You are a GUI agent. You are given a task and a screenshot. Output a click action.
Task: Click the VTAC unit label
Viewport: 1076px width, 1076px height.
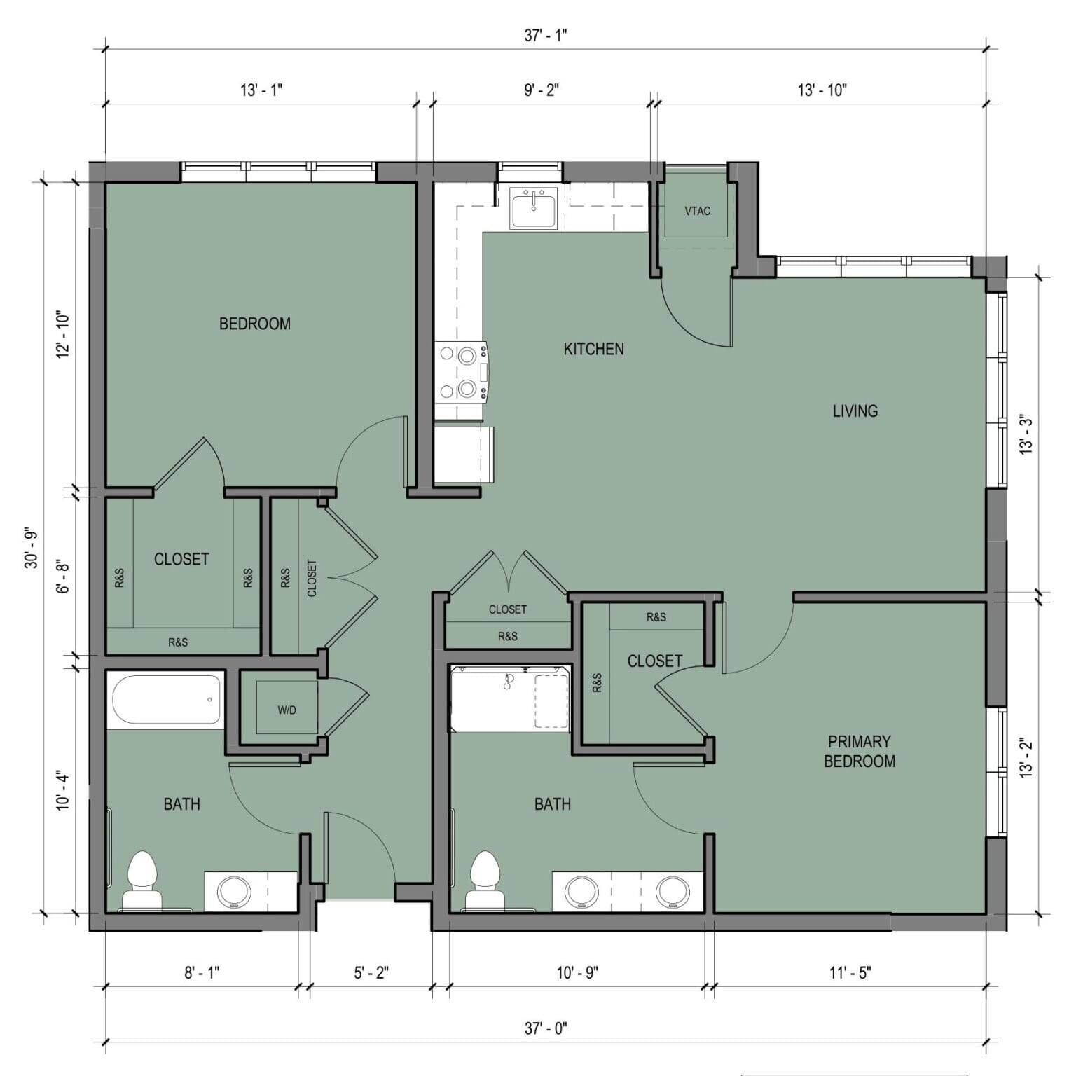[x=697, y=211]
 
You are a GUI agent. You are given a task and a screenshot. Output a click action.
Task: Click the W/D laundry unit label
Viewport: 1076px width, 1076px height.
[x=287, y=710]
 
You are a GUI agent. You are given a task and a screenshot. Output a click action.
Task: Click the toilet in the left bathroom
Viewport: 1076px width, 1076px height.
[x=142, y=881]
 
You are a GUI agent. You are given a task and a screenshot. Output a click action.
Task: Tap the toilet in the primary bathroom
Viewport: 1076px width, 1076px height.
[x=485, y=881]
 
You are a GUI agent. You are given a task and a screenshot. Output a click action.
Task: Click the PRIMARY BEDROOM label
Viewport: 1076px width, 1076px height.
[x=860, y=751]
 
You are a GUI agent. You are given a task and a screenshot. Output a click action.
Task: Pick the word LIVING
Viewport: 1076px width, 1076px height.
[x=855, y=411]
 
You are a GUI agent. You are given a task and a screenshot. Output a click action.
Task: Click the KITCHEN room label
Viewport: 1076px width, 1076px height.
[x=593, y=349]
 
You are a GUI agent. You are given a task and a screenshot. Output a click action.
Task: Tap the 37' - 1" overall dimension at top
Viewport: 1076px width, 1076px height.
[x=545, y=36]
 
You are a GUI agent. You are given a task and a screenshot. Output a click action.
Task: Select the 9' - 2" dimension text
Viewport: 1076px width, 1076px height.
[x=542, y=90]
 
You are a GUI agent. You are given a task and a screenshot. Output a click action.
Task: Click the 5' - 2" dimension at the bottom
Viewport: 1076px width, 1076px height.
[x=371, y=972]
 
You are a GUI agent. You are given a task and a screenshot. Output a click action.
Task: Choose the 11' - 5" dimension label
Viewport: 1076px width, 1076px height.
[x=850, y=972]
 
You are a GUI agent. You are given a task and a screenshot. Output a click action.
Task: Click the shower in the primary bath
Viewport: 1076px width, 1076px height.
[x=509, y=699]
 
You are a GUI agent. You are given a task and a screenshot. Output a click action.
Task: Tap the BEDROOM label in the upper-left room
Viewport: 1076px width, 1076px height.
[x=254, y=324]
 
